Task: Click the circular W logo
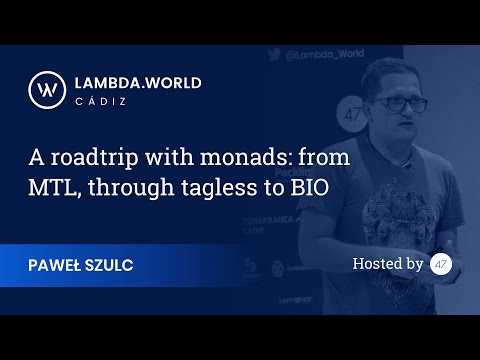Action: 45,87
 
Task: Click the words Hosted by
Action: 388,264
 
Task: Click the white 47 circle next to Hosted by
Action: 441,264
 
